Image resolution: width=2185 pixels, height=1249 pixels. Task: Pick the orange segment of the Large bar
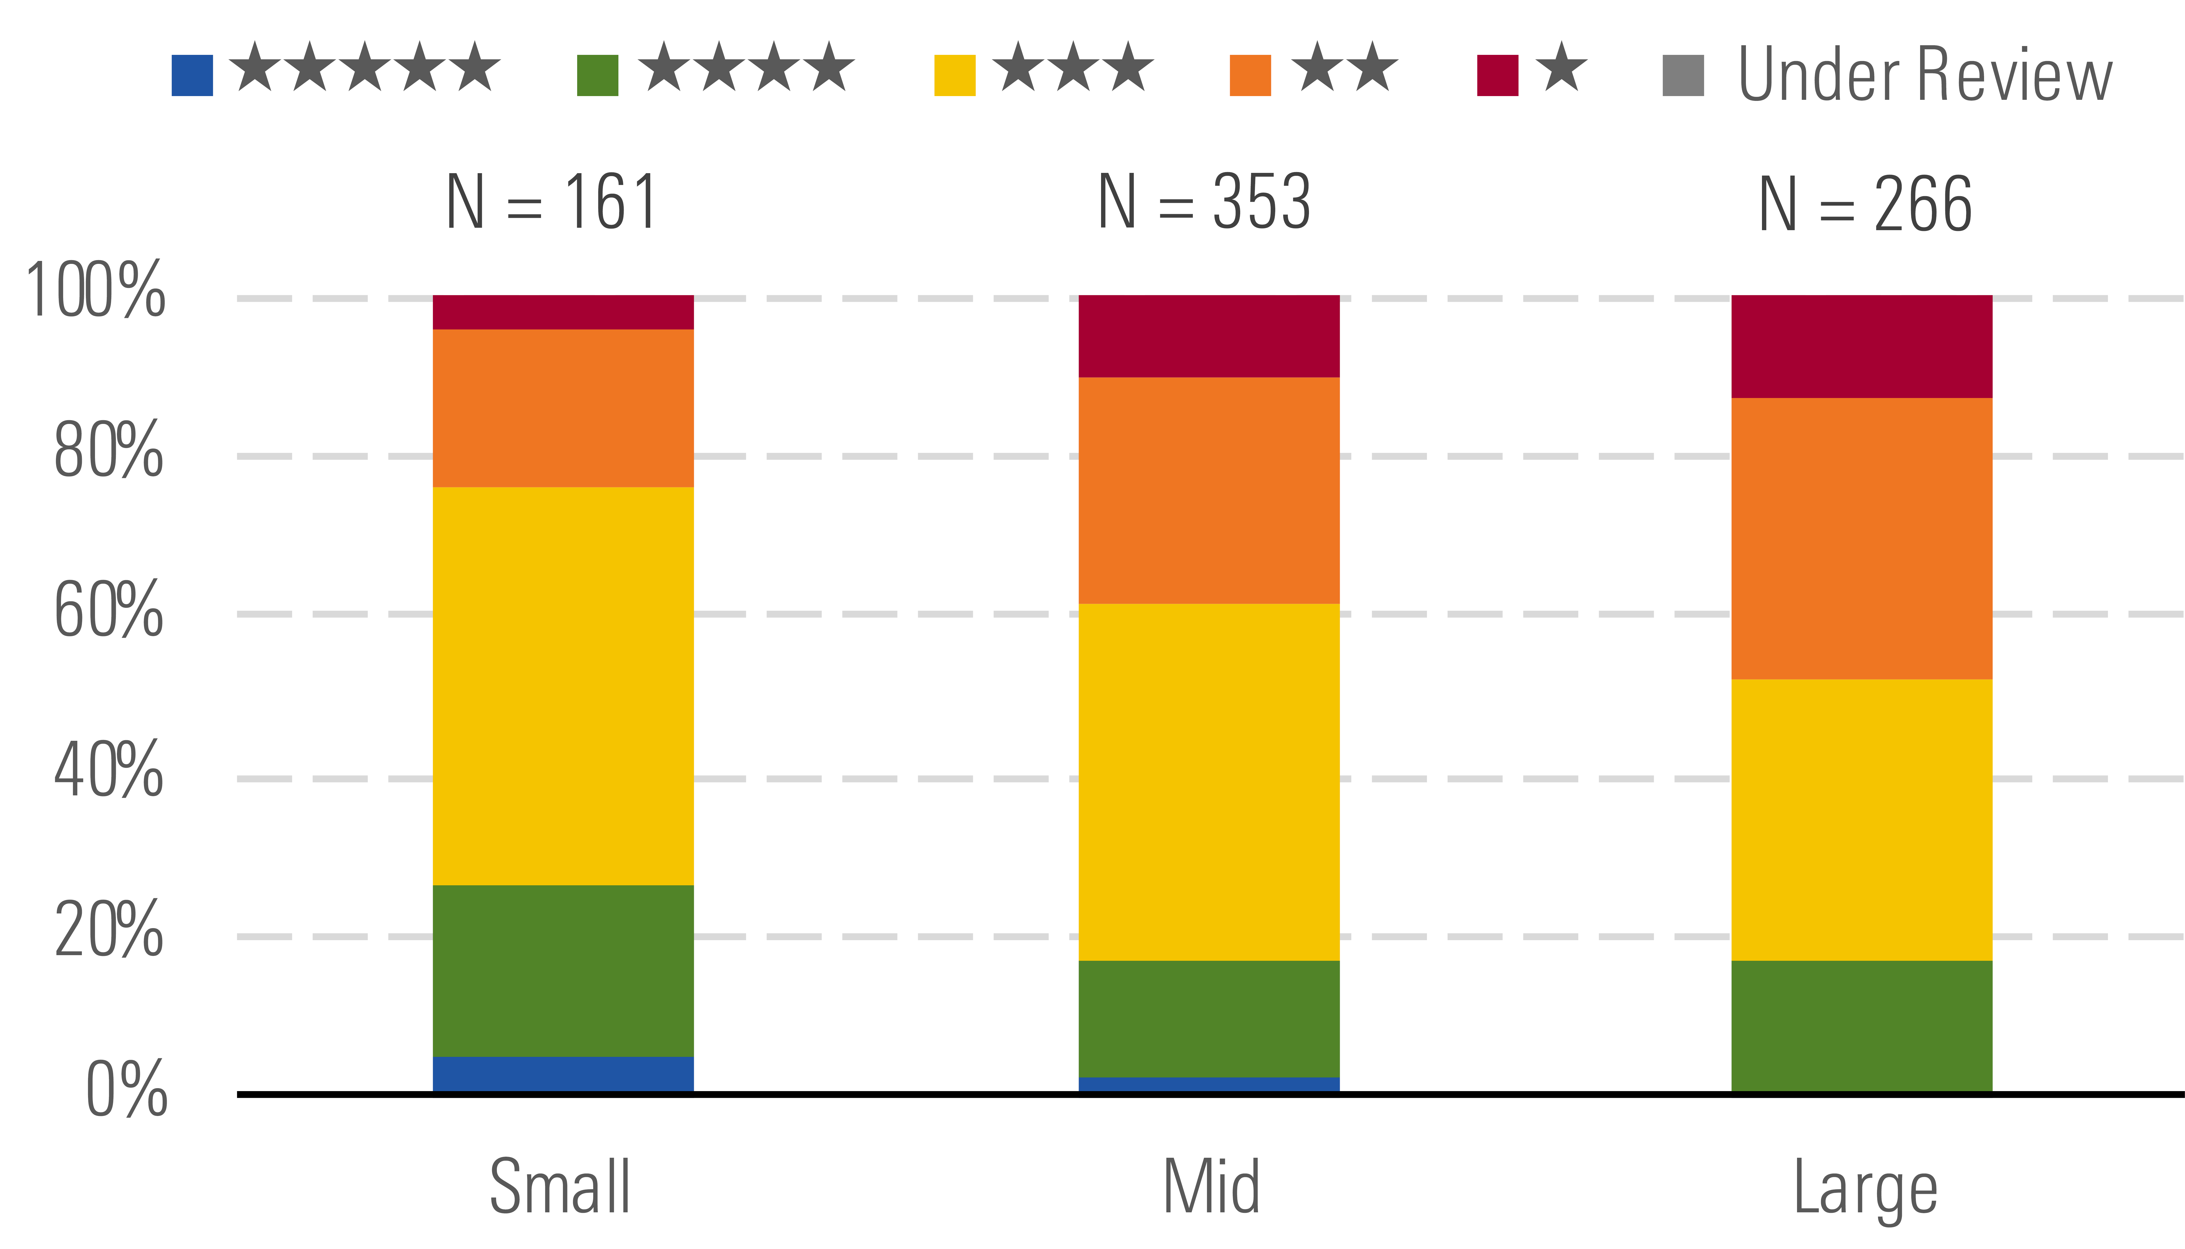click(x=1862, y=539)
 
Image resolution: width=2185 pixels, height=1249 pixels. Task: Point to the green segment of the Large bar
click(x=1862, y=1026)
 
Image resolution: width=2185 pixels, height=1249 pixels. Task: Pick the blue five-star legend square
click(x=192, y=75)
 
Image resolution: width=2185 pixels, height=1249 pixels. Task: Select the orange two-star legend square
click(x=1250, y=75)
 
